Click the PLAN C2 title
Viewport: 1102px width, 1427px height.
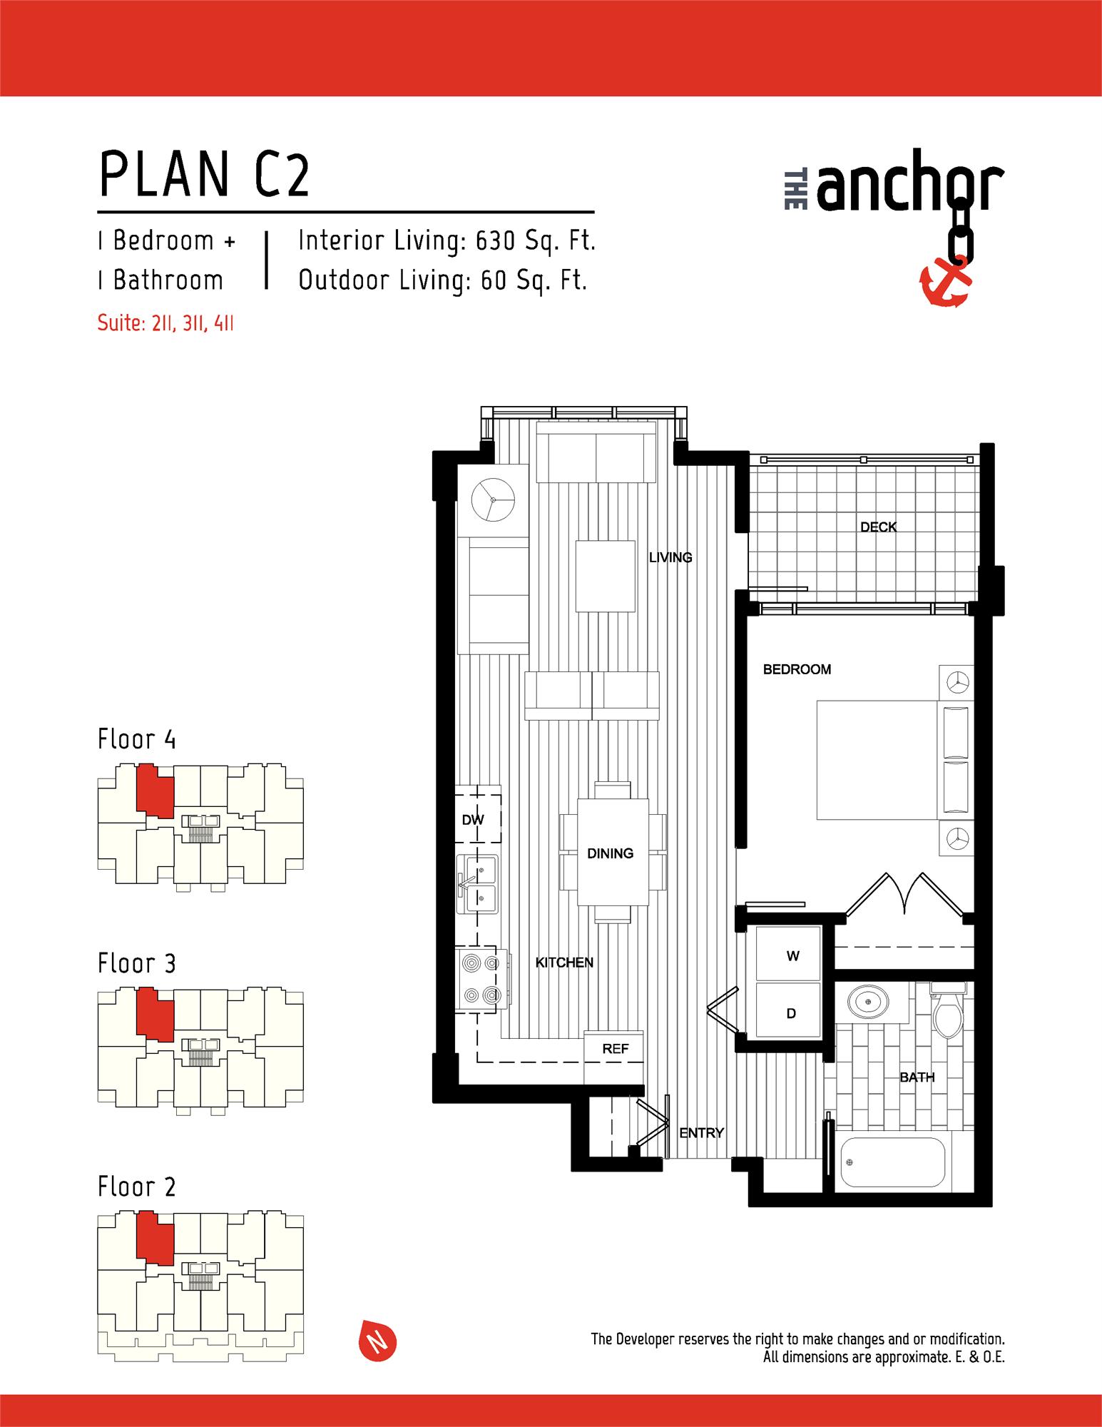point(204,176)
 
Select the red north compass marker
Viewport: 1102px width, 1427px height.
point(376,1343)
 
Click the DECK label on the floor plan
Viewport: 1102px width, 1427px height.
point(878,527)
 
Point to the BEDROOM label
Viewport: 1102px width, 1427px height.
point(797,669)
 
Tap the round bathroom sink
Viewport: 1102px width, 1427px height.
point(868,1002)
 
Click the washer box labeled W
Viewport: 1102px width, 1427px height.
point(792,956)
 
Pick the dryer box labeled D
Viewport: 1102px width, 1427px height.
point(791,1012)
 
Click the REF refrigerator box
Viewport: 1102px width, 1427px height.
point(615,1048)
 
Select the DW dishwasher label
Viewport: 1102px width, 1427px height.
point(473,820)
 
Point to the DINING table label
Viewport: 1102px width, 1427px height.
point(610,853)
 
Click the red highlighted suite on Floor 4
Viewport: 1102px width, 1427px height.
point(154,791)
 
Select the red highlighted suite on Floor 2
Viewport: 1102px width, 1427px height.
point(154,1238)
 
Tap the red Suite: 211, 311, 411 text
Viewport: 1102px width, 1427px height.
point(165,323)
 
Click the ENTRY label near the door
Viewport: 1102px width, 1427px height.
point(701,1132)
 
